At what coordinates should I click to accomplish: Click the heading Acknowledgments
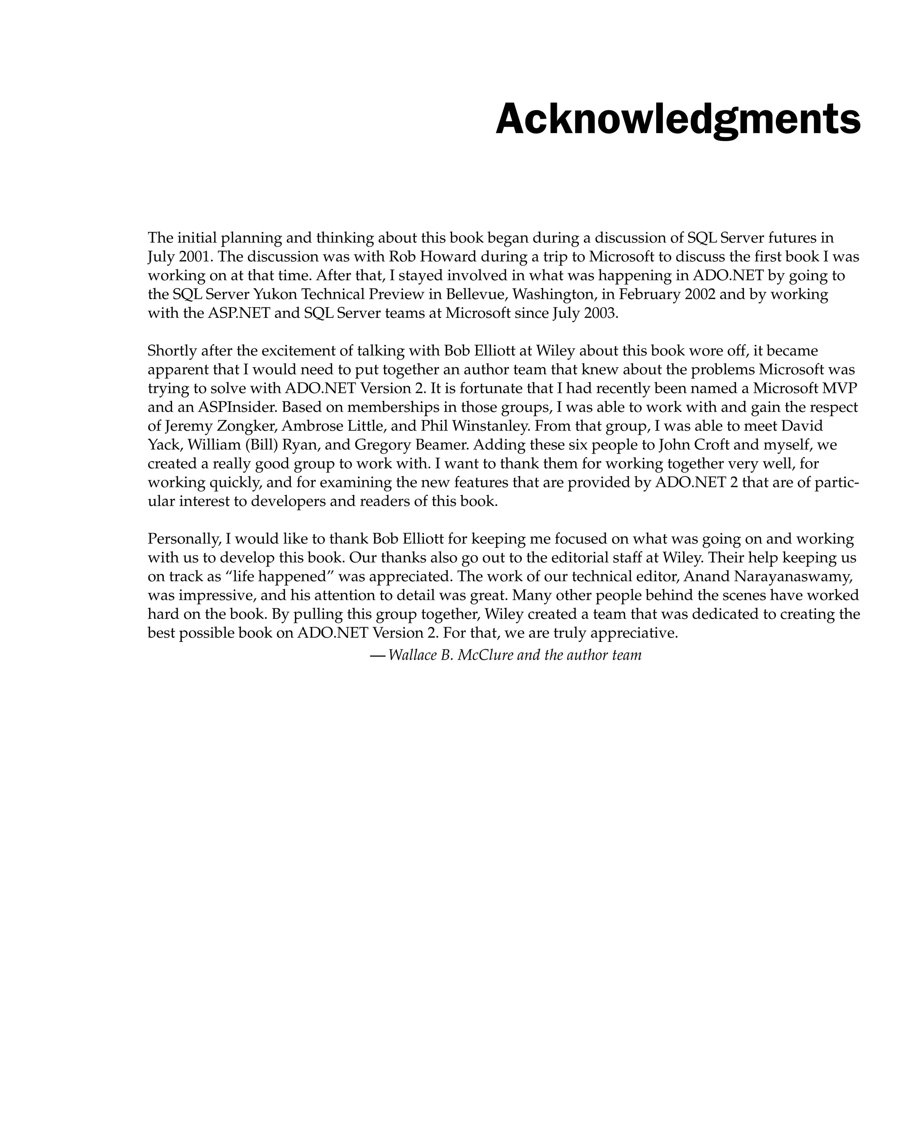coord(678,120)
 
